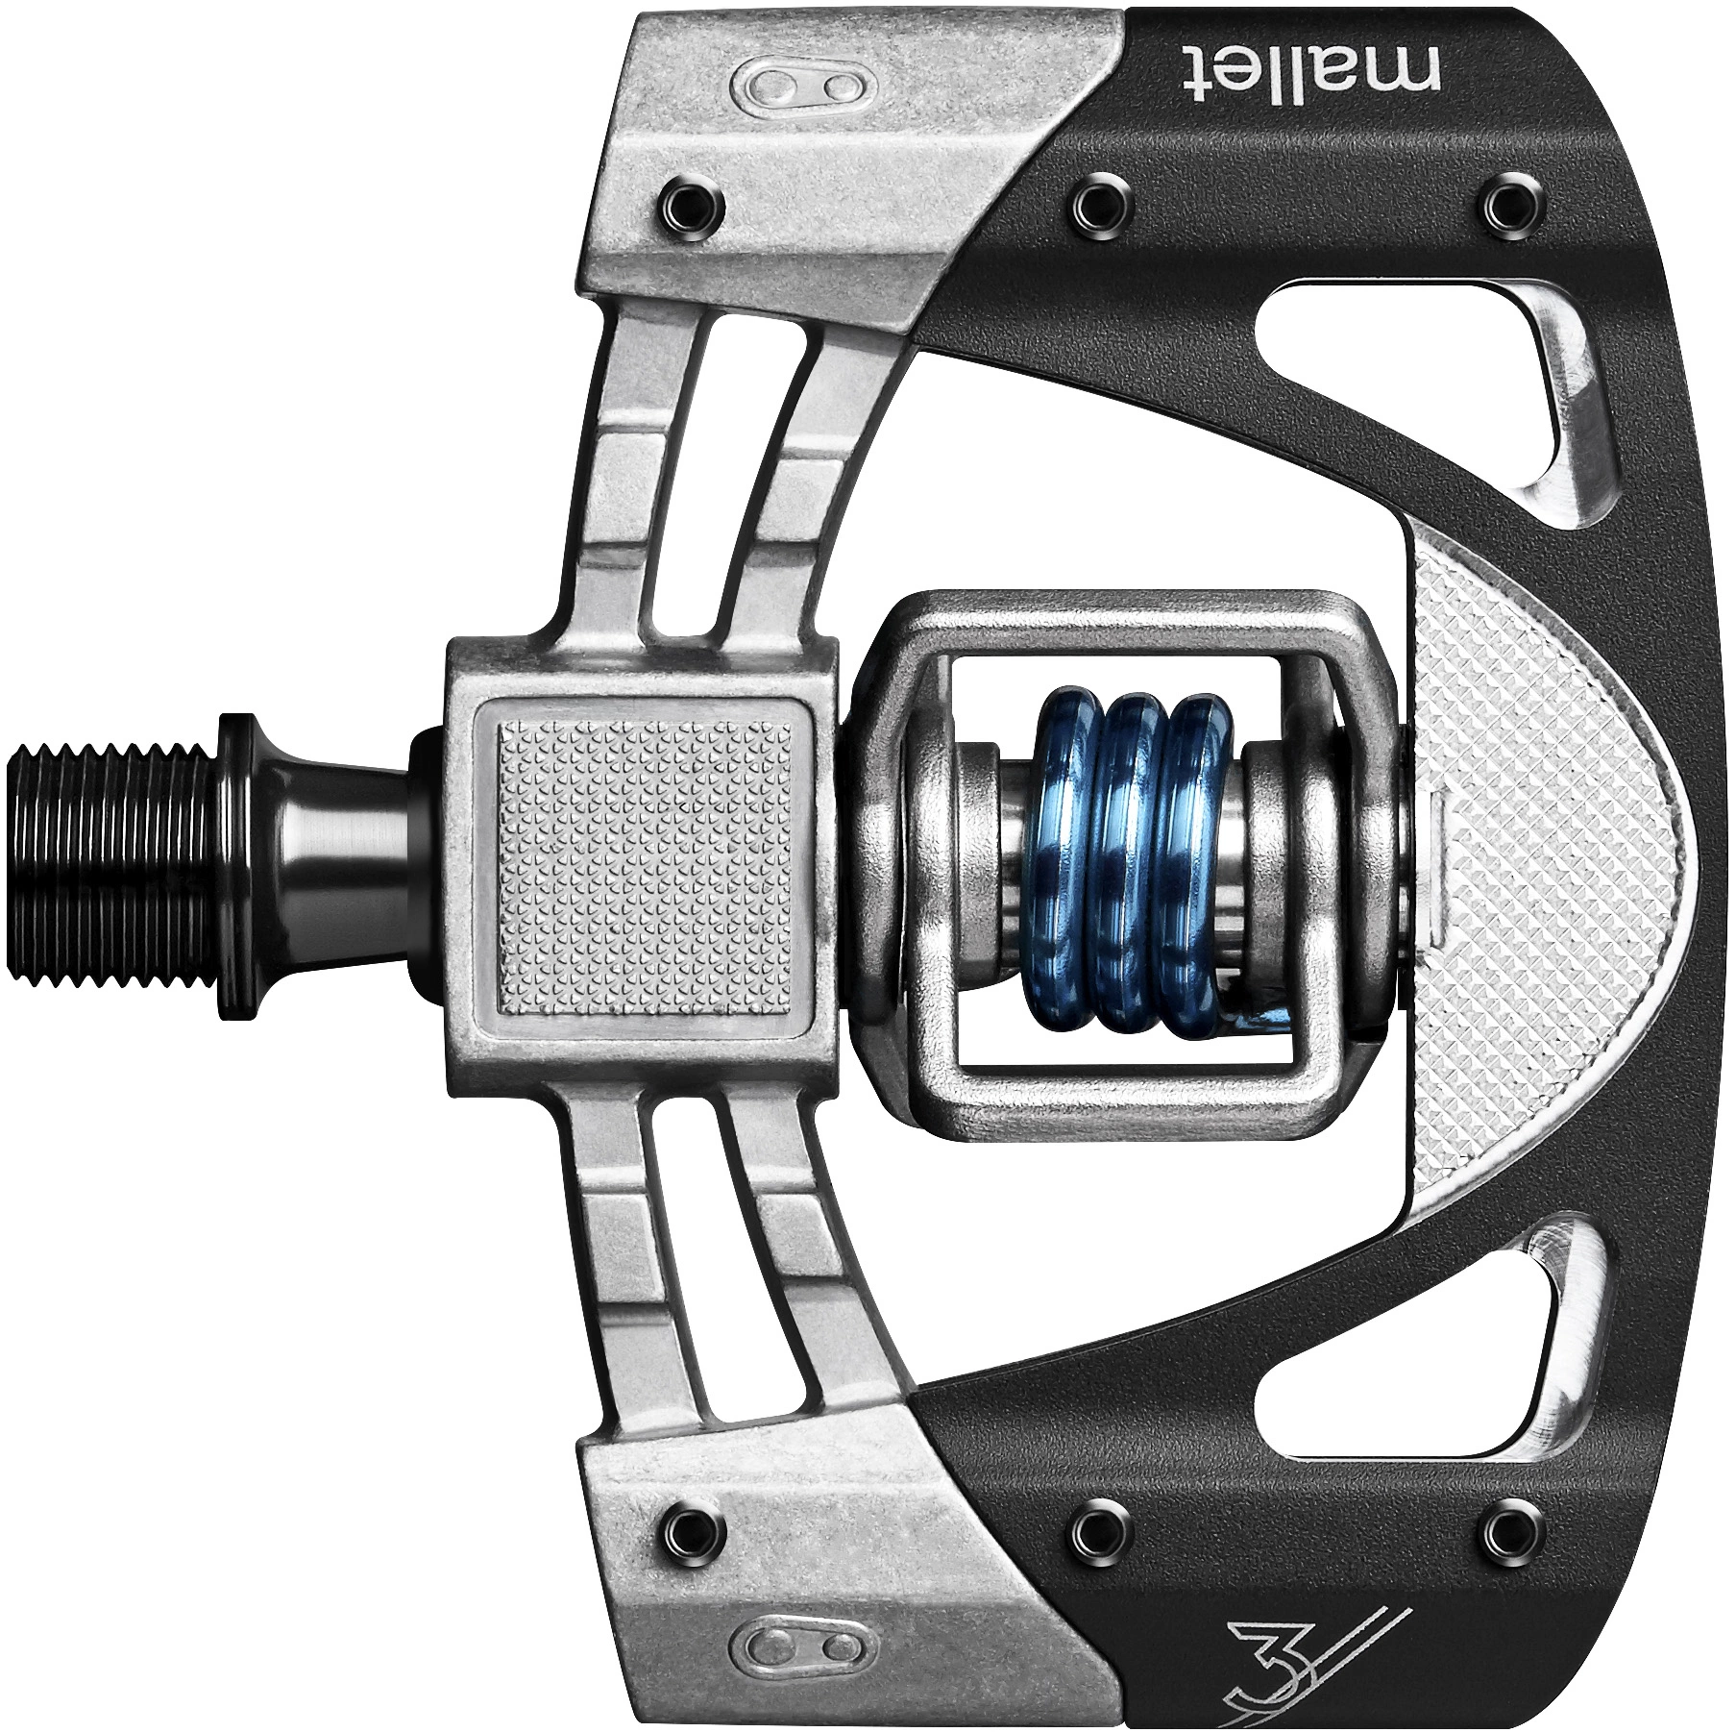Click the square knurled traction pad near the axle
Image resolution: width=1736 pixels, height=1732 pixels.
645,864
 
